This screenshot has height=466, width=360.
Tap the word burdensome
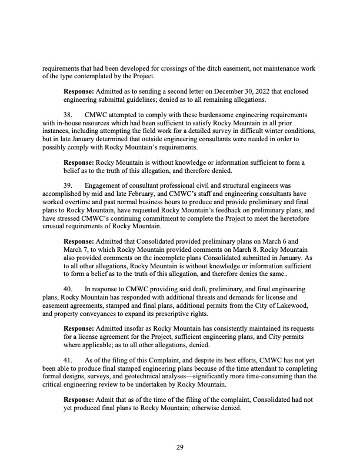tap(188, 114)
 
